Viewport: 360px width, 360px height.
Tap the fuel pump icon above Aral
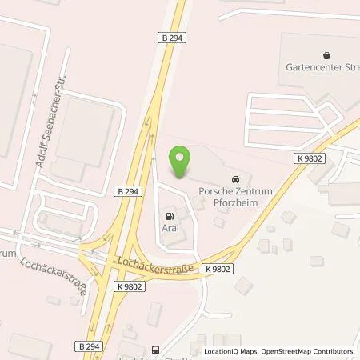click(169, 215)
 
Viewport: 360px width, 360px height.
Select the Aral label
click(169, 228)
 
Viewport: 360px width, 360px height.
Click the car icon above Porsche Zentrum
click(235, 179)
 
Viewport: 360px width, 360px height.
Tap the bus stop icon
click(155, 349)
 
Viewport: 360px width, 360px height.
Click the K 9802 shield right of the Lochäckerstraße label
click(217, 269)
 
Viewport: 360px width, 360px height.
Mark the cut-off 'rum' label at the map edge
click(8, 254)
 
